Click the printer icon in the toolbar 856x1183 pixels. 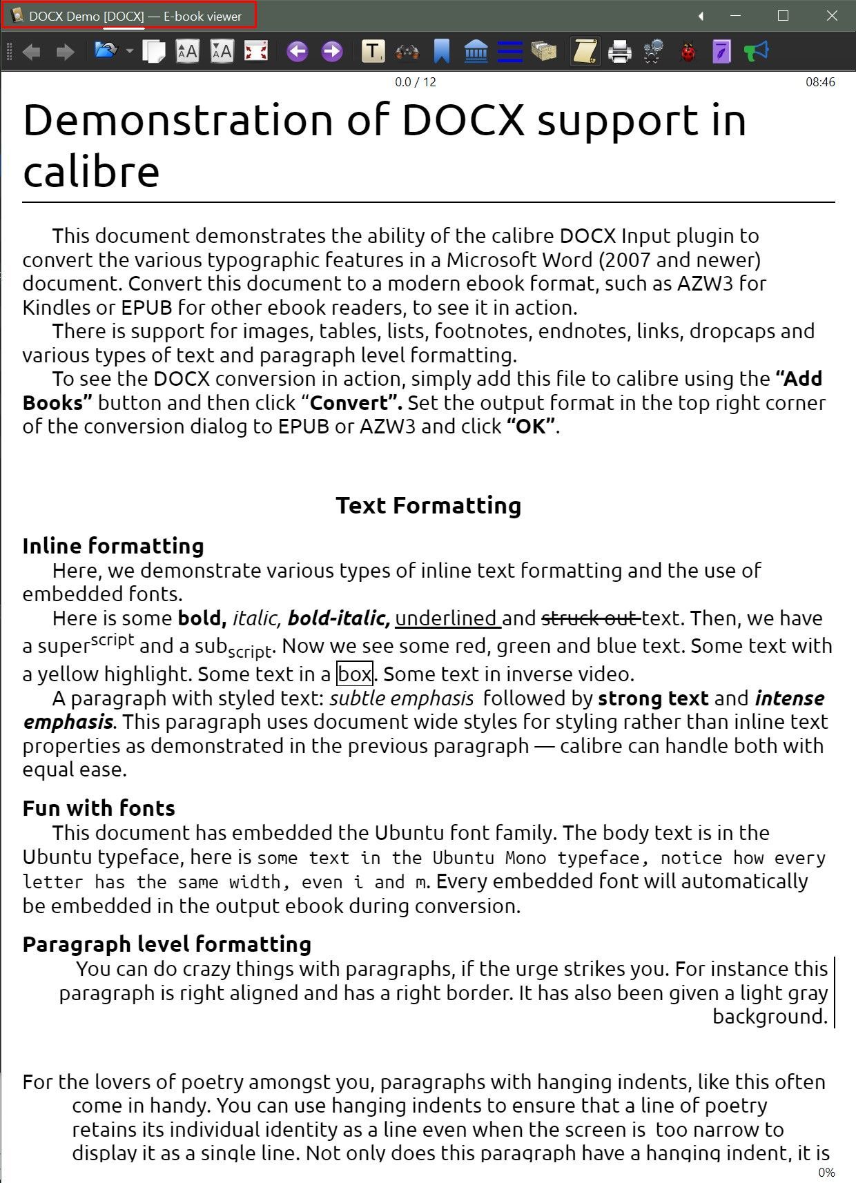click(x=619, y=52)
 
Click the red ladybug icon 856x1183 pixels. click(x=688, y=52)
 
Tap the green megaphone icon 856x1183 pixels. click(x=757, y=51)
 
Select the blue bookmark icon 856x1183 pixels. click(x=442, y=52)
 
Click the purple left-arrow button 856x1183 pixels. click(x=298, y=51)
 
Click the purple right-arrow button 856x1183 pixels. click(x=332, y=51)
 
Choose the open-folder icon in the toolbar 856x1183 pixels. click(x=106, y=51)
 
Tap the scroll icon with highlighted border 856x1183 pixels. click(x=585, y=52)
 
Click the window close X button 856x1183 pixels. click(x=832, y=16)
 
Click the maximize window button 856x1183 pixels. click(x=783, y=16)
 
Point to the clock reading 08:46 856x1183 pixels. click(x=820, y=82)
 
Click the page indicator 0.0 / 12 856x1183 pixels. click(x=415, y=82)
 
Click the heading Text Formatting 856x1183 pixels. click(x=428, y=505)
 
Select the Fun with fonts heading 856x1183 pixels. click(x=99, y=808)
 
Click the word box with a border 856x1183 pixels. click(x=355, y=674)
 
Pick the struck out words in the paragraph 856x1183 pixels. click(x=591, y=618)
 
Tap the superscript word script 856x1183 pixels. click(x=113, y=639)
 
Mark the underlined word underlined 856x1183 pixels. click(x=447, y=618)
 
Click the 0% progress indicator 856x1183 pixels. click(x=826, y=1172)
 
